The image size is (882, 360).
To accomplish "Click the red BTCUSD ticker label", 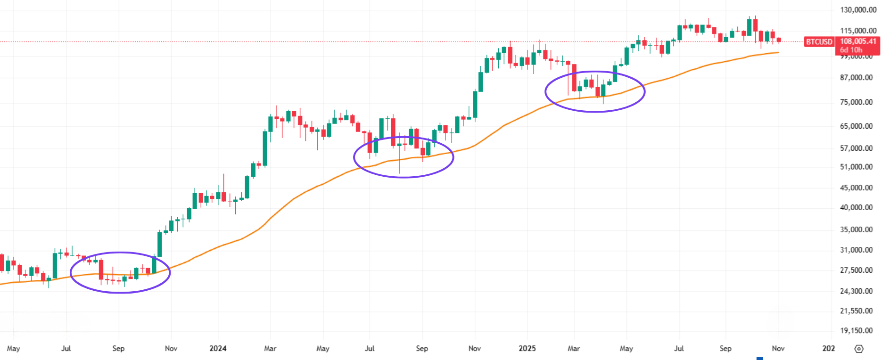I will coord(819,42).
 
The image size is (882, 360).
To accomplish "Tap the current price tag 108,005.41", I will coord(858,41).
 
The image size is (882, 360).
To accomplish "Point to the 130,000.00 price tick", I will coord(858,10).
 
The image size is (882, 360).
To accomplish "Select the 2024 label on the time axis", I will coord(218,349).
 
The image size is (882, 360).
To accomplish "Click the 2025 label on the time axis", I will coord(527,349).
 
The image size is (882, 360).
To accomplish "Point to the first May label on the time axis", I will coord(14,349).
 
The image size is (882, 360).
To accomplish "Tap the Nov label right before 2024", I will coord(171,349).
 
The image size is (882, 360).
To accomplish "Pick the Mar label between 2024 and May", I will coord(270,349).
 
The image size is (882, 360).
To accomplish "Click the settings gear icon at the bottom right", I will coord(859,349).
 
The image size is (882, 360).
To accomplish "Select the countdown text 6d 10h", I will coord(851,50).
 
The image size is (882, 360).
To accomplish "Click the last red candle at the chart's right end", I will coord(779,40).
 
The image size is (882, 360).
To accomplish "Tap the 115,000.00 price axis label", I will coord(858,31).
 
